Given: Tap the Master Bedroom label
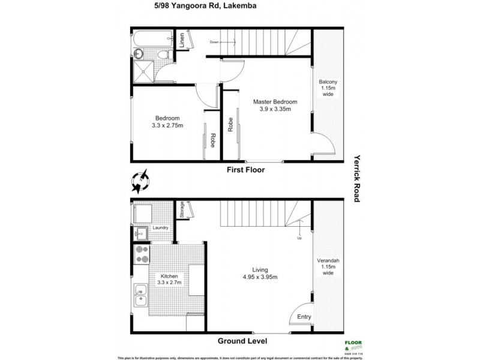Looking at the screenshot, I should pos(275,101).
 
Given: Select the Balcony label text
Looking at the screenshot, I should pos(328,82).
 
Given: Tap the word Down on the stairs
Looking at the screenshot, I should pos(215,42).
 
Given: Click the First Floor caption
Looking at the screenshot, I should pos(246,170).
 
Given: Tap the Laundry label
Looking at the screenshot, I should pos(160,228).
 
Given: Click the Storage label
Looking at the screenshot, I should pos(182,209).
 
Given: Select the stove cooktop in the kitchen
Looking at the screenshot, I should pos(142,254).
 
